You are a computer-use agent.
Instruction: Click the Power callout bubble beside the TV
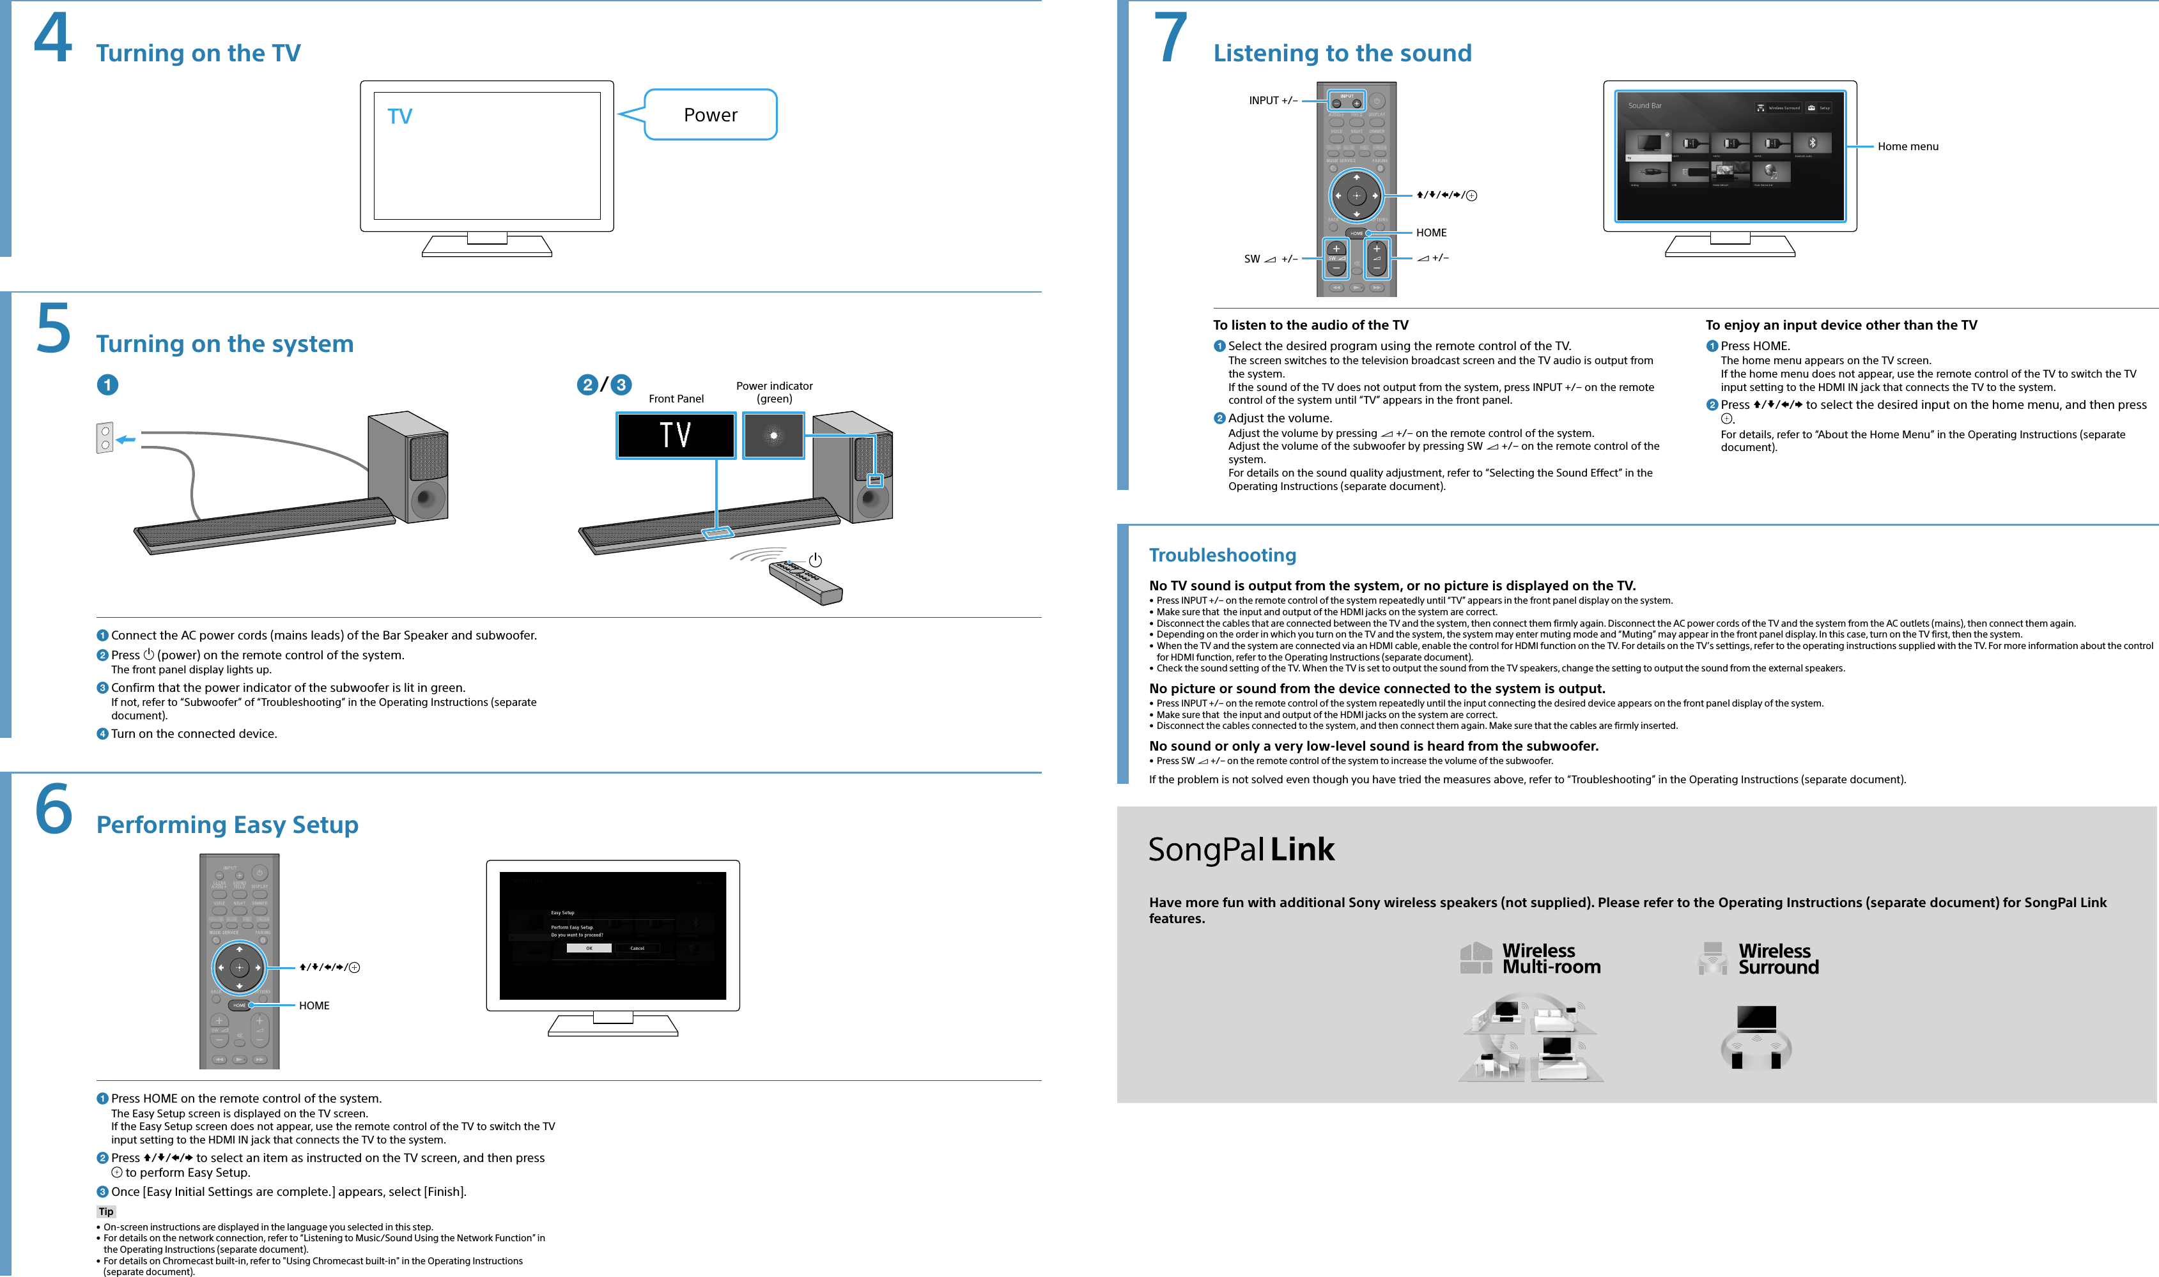710,114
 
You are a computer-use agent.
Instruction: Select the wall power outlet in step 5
105,438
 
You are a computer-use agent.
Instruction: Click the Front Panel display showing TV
676,436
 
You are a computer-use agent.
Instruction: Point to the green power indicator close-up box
773,436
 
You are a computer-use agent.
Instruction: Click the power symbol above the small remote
814,561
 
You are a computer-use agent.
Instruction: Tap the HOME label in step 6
314,1005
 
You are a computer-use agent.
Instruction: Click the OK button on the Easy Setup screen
589,947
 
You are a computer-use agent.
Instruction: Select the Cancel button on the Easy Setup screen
637,947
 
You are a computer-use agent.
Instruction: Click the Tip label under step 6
106,1212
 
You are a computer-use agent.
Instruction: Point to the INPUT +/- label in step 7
1273,101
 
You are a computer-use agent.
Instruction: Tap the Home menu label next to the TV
1908,146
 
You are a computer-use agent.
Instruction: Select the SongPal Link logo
1241,850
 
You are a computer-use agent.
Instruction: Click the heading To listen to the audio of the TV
1310,325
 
